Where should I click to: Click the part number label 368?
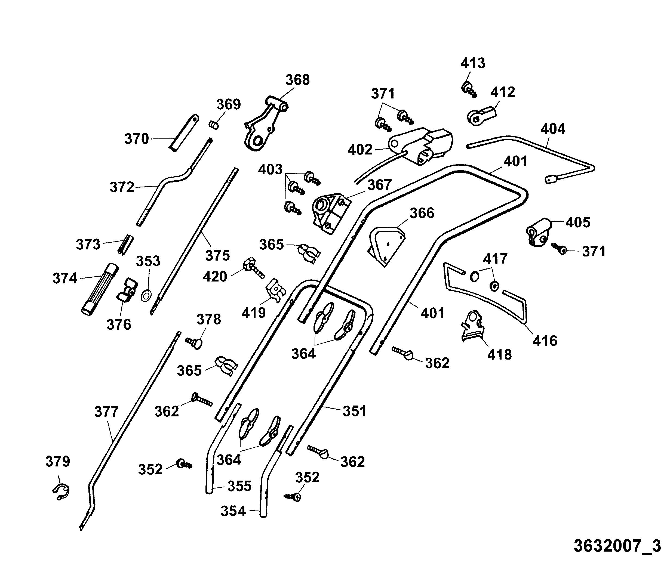[297, 80]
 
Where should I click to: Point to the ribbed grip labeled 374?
[99, 289]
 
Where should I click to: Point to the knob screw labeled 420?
[254, 268]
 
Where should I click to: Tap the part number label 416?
[545, 341]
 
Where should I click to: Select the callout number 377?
[106, 412]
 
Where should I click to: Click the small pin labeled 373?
[126, 244]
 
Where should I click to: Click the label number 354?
[233, 511]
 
